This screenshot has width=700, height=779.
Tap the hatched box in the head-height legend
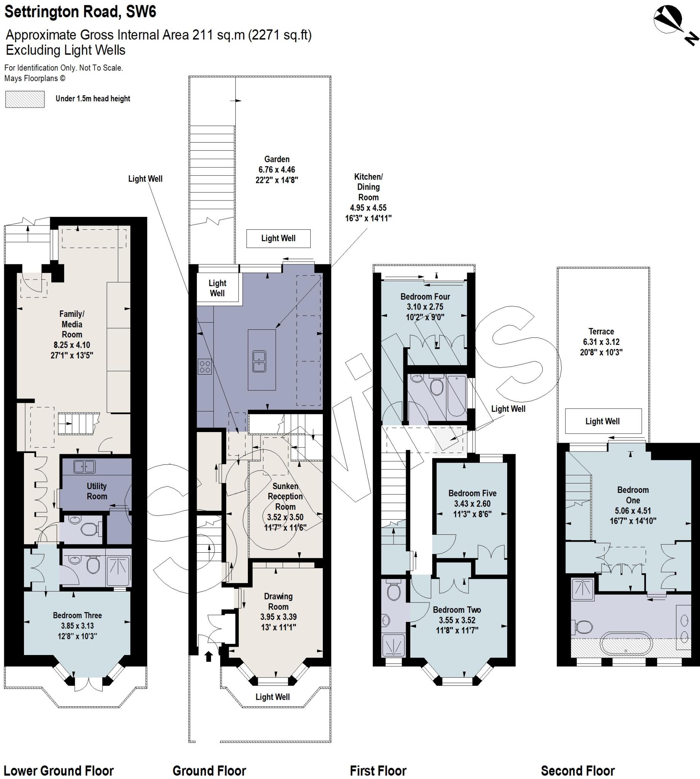click(x=25, y=99)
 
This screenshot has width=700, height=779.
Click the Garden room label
click(x=276, y=159)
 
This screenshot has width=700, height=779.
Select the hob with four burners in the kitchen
click(x=205, y=367)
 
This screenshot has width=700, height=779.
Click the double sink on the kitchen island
click(x=259, y=361)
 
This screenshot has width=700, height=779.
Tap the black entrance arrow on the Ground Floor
click(x=208, y=656)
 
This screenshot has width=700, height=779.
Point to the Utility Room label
click(x=97, y=491)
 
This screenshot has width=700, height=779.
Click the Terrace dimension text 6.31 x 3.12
click(x=601, y=342)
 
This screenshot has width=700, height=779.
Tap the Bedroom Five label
click(x=472, y=493)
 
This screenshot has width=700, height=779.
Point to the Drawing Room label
click(x=278, y=601)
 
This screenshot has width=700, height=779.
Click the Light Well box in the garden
click(x=278, y=238)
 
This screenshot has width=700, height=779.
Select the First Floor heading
click(x=378, y=760)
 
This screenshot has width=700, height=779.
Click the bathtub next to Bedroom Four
click(x=457, y=397)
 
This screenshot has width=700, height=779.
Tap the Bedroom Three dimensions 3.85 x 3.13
click(x=77, y=626)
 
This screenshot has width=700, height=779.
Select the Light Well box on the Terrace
click(x=603, y=421)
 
